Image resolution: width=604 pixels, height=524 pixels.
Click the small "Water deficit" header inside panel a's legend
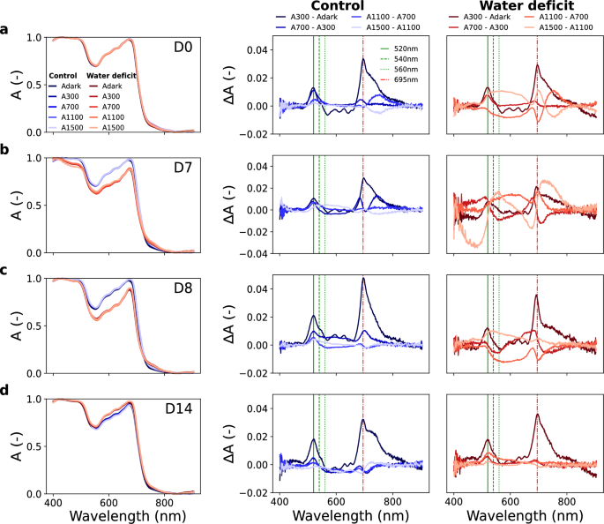point(111,76)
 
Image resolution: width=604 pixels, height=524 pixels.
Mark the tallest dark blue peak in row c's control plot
point(362,279)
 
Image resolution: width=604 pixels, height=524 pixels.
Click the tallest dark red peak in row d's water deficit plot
point(537,415)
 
